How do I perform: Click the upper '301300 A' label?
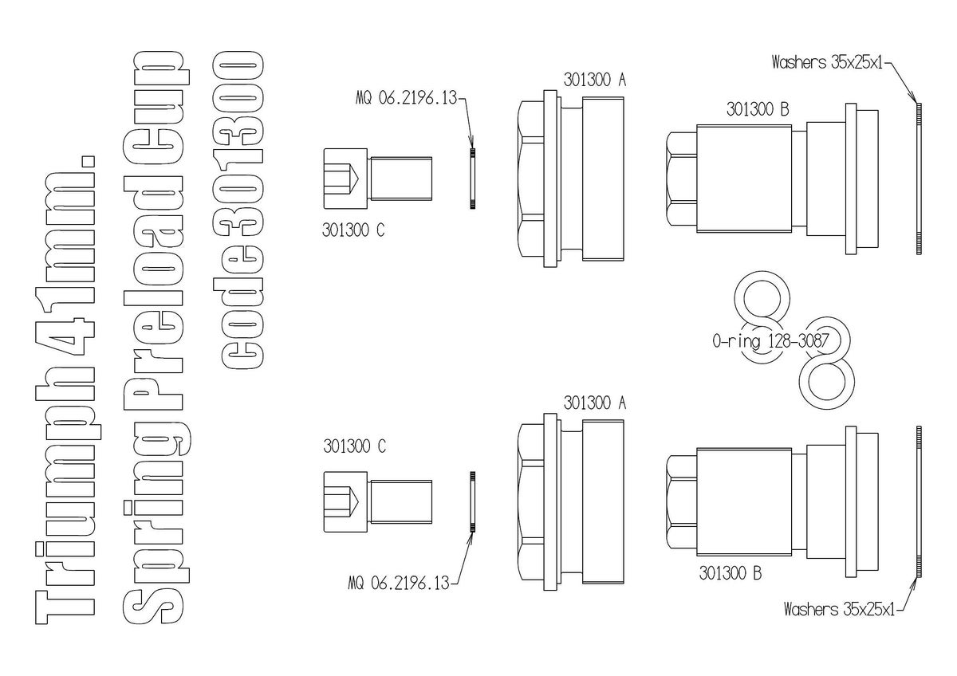[x=594, y=80]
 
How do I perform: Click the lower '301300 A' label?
[x=594, y=403]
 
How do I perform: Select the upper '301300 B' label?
[x=758, y=111]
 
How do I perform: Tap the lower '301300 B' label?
[x=730, y=572]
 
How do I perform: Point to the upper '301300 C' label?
[x=354, y=230]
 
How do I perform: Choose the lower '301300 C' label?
[x=354, y=446]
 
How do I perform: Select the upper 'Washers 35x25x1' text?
[x=829, y=62]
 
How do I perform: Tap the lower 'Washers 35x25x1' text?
[x=839, y=611]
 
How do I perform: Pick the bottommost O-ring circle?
[x=827, y=383]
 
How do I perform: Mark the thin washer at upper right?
[x=919, y=179]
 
